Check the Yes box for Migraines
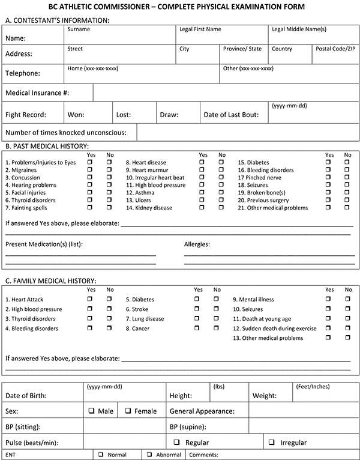90,171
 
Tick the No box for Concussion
109,178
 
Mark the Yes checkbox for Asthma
202,193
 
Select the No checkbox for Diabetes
348,163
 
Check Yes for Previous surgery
329,201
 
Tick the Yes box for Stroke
197,309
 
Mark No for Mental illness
348,299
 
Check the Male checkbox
92,411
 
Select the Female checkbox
129,411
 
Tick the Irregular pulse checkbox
272,443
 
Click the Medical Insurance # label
37,93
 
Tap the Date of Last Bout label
230,114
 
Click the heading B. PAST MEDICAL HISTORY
47,145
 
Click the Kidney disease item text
152,208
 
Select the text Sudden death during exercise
275,328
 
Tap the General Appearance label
202,411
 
